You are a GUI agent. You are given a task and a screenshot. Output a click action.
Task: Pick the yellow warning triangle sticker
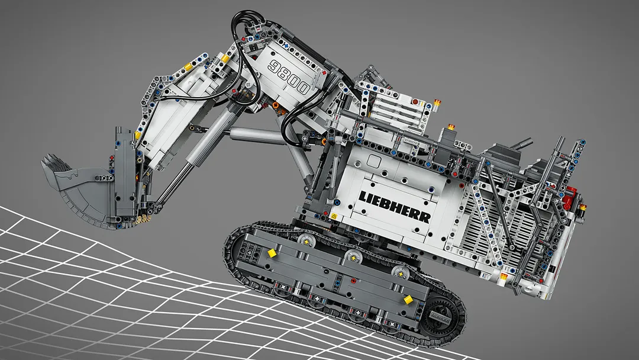pos(335,217)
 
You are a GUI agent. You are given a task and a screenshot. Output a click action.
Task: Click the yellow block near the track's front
pos(272,253)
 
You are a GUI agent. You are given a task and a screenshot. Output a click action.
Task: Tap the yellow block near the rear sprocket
pos(408,300)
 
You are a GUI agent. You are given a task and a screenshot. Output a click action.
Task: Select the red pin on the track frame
pos(353,281)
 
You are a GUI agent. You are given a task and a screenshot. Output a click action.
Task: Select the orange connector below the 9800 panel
pos(276,105)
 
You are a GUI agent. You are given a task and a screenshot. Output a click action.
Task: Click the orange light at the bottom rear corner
pos(504,276)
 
